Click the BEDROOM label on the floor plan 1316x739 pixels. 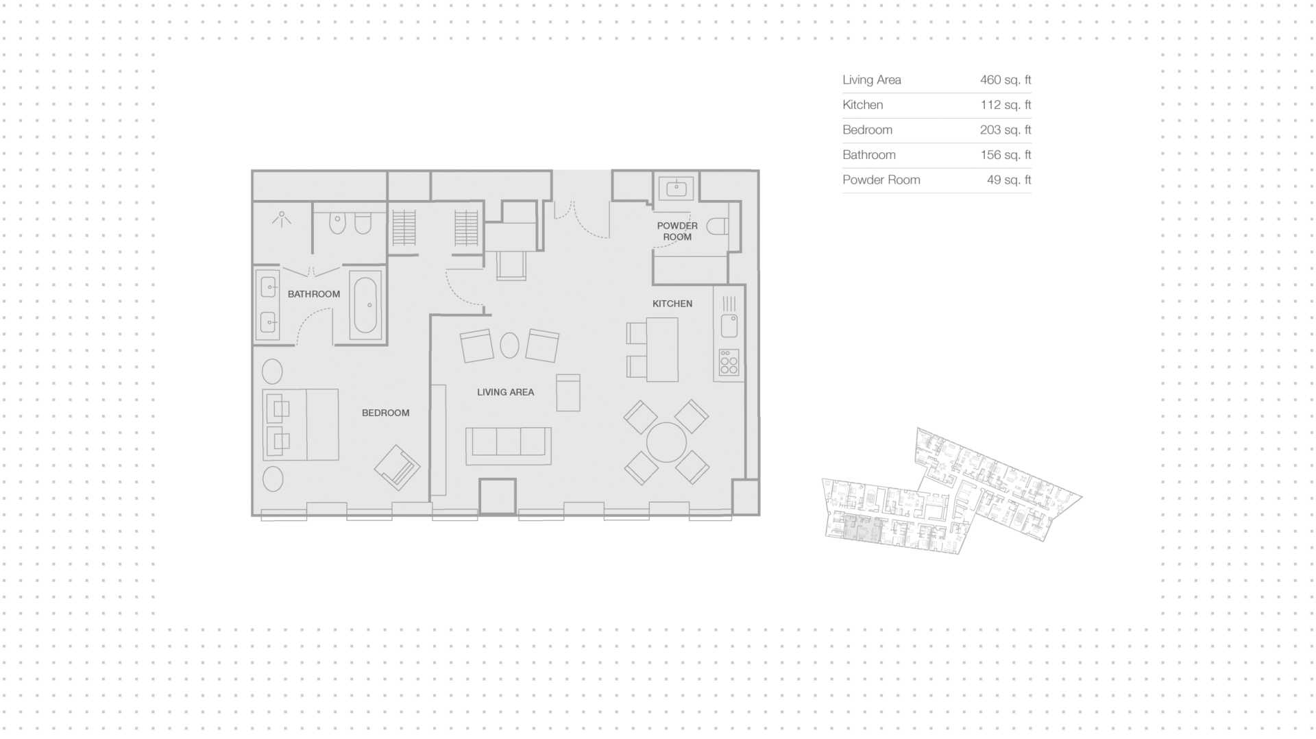[385, 413]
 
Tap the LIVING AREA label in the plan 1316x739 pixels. [505, 392]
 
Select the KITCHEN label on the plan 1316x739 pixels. [672, 304]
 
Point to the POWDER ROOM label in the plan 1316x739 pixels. [677, 231]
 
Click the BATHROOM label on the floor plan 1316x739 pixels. [314, 294]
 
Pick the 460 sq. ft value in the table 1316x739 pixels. [1006, 80]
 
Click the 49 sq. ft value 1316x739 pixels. [1009, 180]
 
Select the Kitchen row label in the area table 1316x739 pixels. [863, 105]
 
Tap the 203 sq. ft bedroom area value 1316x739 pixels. [1006, 130]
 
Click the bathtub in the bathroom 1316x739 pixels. [365, 305]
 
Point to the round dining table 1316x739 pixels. [666, 442]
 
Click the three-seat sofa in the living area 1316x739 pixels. [509, 446]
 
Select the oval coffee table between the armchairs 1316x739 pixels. [509, 346]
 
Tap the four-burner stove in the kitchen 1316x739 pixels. [729, 363]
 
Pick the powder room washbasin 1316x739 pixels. [677, 187]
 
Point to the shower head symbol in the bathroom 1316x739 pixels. [281, 219]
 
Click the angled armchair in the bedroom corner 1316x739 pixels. [398, 468]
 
